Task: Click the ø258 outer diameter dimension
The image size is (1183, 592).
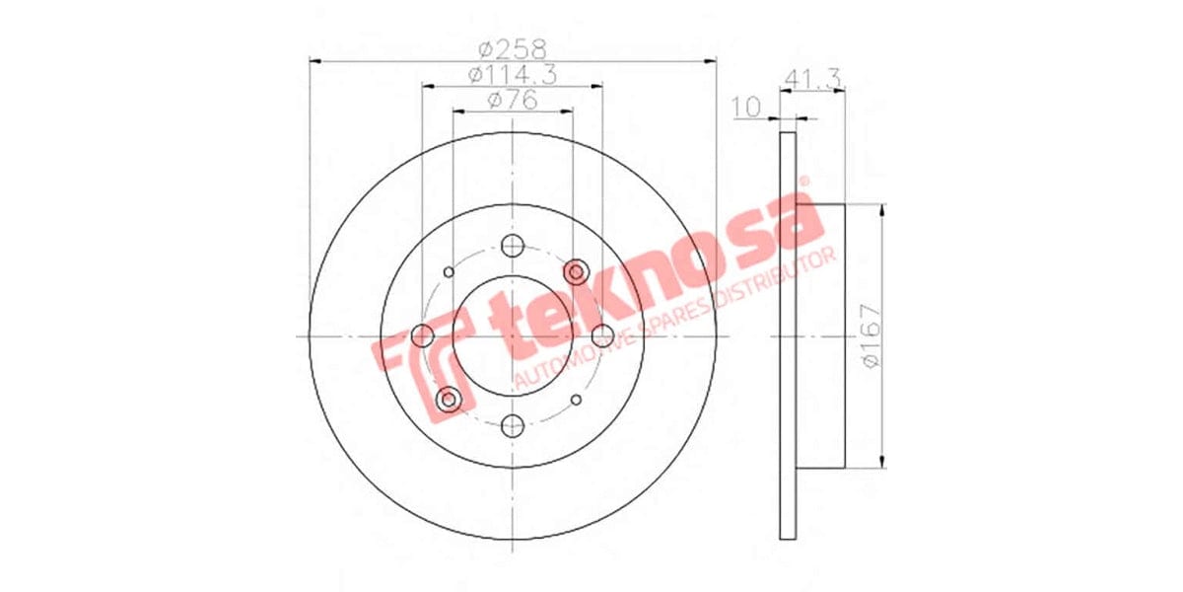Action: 513,46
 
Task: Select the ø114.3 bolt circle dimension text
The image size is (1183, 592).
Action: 511,74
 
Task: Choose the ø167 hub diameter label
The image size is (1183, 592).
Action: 869,335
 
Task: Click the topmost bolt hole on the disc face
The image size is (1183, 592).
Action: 512,247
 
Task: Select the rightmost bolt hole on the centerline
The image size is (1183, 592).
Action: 601,336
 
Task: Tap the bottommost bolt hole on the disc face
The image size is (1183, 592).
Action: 512,425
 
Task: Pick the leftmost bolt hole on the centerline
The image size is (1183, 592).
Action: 422,336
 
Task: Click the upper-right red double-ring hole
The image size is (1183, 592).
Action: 576,272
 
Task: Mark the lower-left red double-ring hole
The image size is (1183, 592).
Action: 449,400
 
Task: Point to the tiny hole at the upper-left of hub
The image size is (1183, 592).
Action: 449,272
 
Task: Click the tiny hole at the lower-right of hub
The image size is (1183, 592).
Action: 576,400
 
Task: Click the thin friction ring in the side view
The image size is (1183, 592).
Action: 787,335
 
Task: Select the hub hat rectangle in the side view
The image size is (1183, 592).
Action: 820,335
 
